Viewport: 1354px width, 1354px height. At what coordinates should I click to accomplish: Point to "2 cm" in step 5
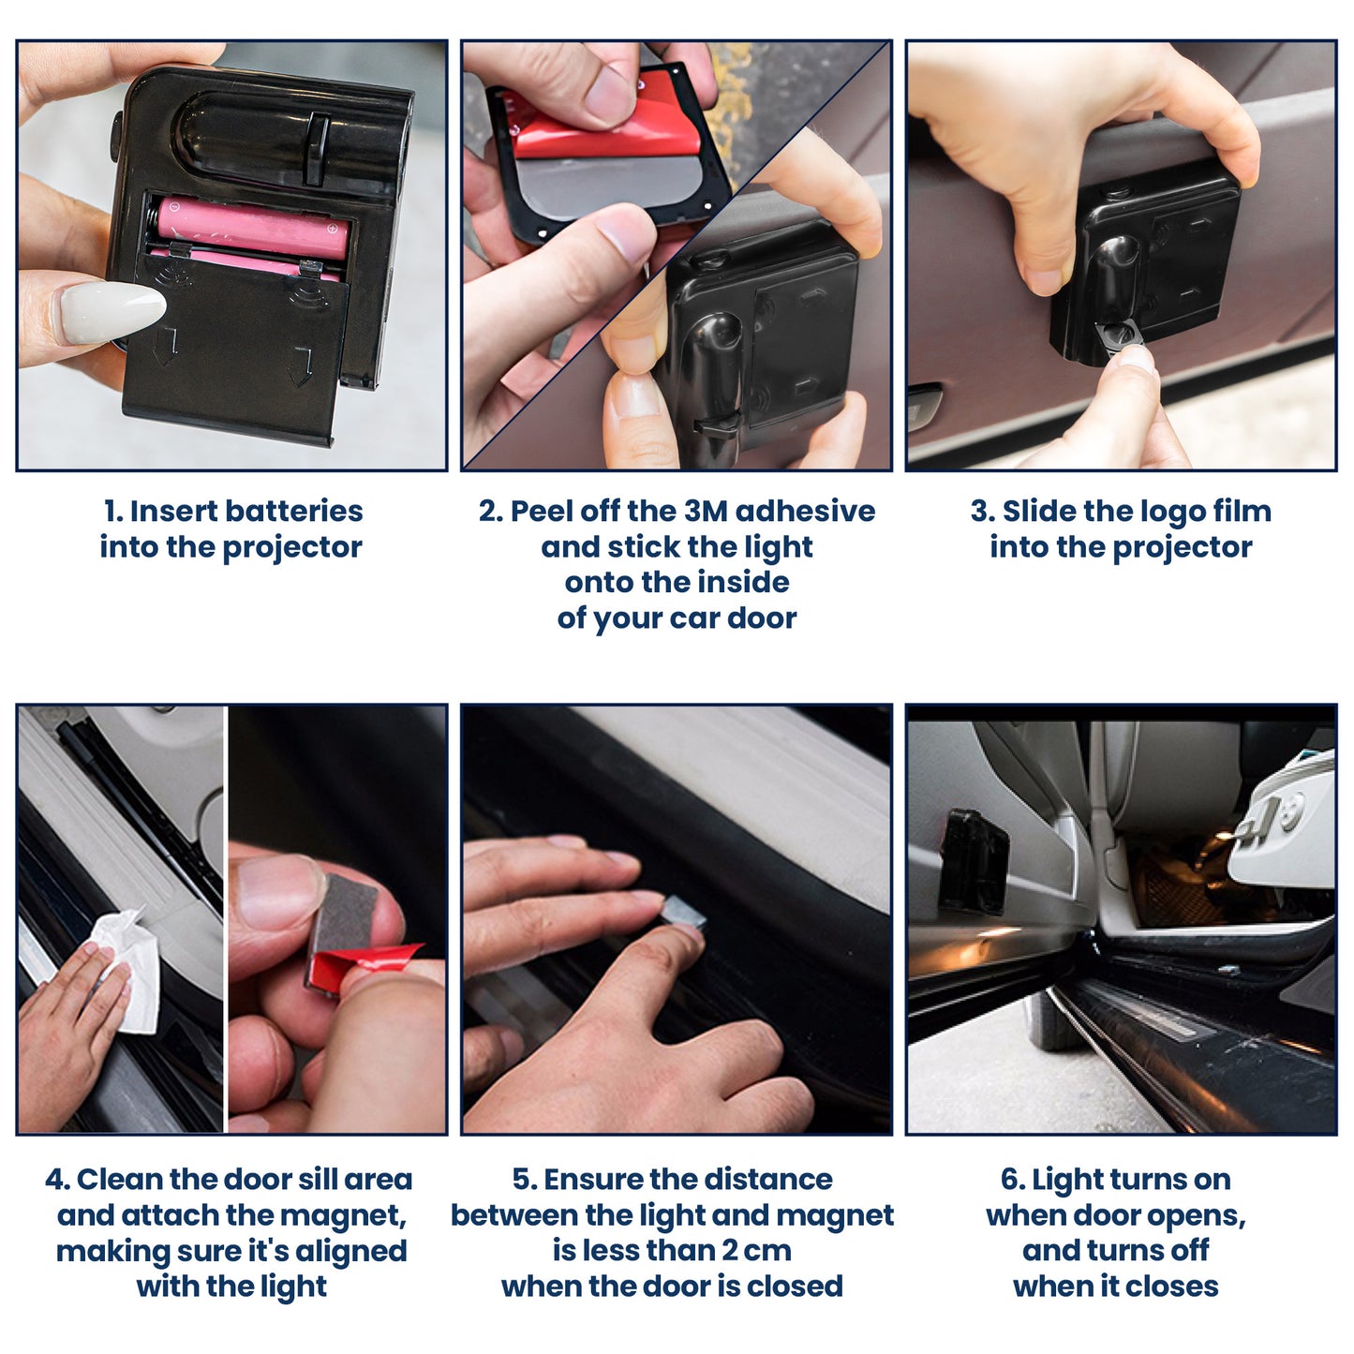coord(756,1252)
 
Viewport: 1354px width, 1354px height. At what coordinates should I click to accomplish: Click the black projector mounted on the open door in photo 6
coord(975,862)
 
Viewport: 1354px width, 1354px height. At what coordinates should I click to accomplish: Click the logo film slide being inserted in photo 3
coord(1119,338)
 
